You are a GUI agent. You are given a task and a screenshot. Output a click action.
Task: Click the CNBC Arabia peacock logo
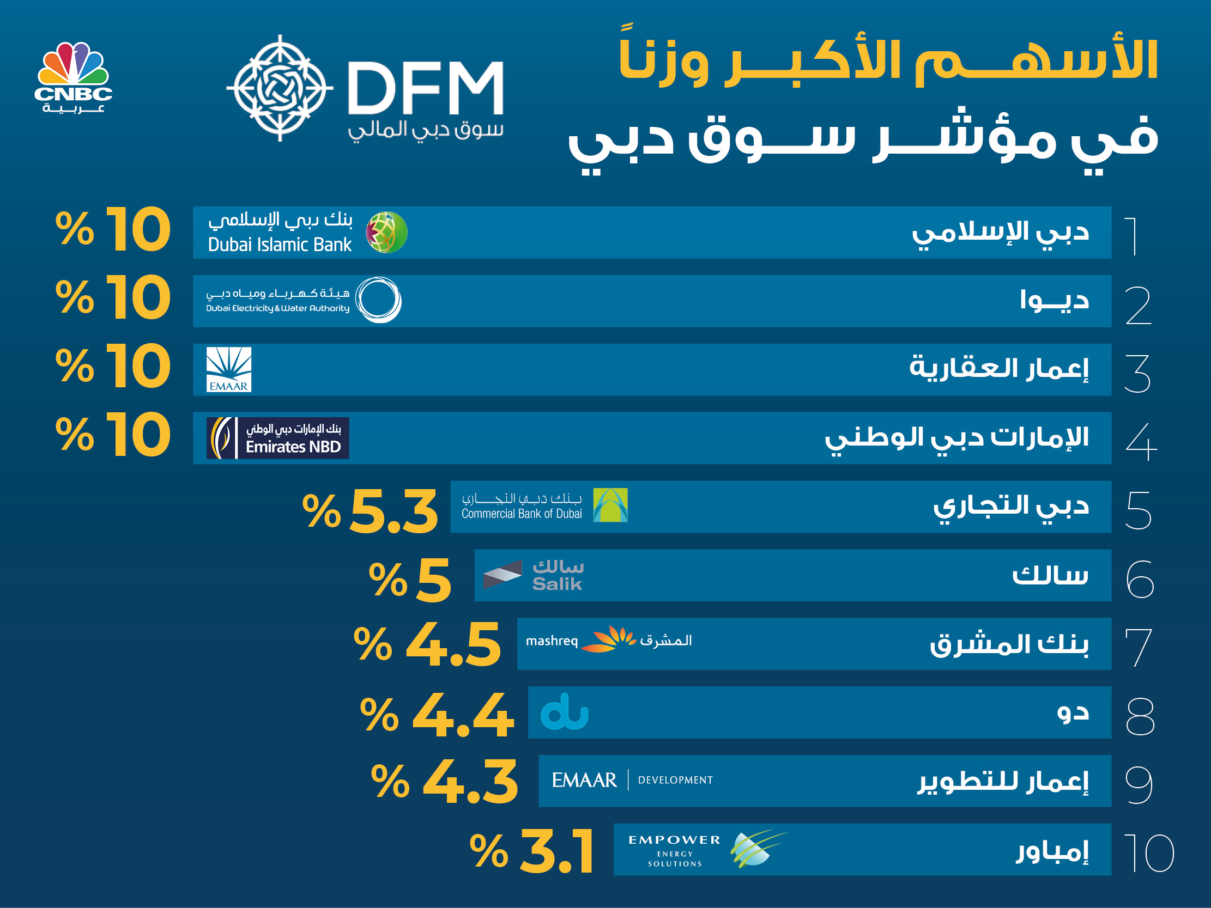point(74,77)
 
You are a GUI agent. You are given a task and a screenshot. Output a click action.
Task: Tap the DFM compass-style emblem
point(280,88)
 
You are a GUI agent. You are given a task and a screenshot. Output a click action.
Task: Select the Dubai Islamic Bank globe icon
point(386,232)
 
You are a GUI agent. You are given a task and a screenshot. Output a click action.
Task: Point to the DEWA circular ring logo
point(378,300)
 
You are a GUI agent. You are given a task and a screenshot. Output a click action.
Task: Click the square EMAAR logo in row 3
point(229,369)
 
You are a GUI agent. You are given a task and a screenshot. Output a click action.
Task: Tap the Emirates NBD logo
point(277,438)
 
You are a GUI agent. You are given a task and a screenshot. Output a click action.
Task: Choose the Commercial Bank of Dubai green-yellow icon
point(610,505)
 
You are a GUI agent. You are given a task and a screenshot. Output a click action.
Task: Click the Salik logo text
point(558,575)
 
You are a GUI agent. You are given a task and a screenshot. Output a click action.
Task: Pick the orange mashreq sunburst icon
point(608,639)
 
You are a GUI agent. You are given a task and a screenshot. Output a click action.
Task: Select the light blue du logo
point(565,712)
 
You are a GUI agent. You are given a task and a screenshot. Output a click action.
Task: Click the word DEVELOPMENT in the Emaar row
point(675,780)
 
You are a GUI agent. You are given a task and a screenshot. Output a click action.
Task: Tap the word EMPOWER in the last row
point(674,840)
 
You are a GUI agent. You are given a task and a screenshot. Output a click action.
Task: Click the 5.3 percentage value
point(393,512)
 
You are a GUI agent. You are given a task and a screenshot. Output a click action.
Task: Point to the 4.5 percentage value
point(453,645)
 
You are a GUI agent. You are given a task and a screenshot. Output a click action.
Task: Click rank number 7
point(1138,648)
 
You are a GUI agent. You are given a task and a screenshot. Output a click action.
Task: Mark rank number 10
point(1148,854)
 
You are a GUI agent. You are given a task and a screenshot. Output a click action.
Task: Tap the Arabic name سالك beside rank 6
point(1050,575)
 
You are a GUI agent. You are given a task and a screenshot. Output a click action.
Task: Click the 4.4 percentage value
point(463,715)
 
